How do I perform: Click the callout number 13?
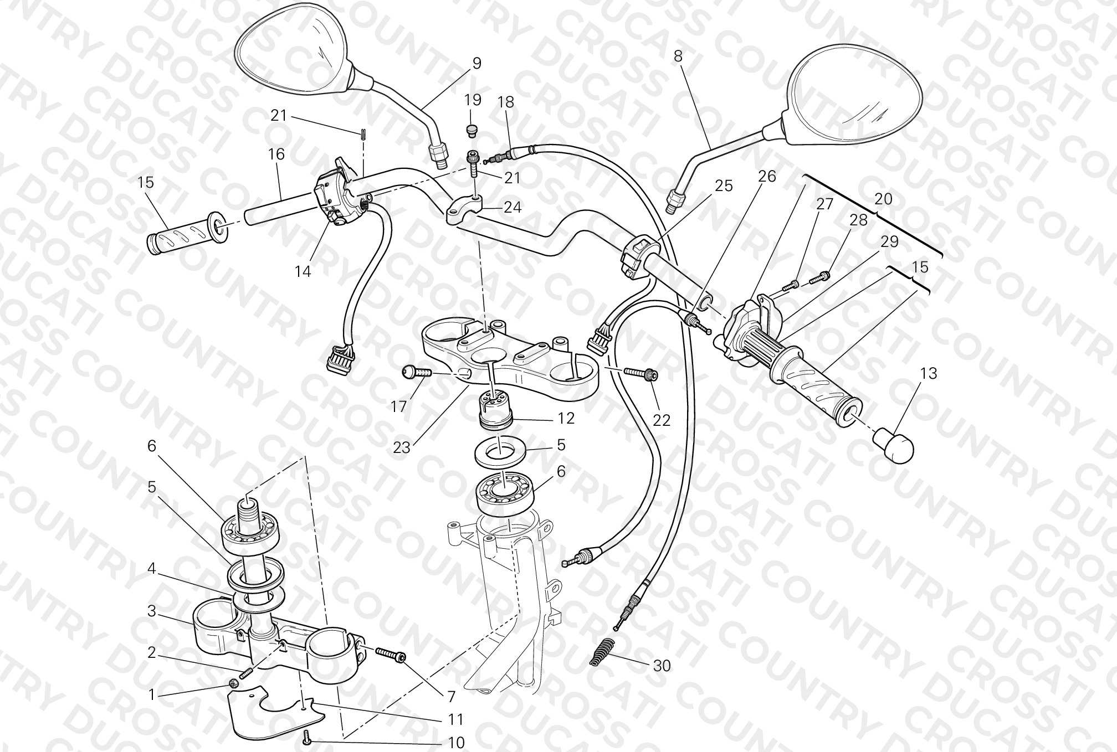coord(929,373)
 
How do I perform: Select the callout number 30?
coord(662,665)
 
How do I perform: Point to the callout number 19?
coord(473,100)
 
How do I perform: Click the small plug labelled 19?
coord(472,130)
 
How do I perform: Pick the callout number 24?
coord(513,207)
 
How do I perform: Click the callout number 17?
coord(398,406)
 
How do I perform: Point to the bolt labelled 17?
coord(416,373)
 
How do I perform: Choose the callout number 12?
coord(566,418)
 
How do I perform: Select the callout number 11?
coord(455,719)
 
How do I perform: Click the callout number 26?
coord(767,176)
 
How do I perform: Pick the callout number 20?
coord(883,198)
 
